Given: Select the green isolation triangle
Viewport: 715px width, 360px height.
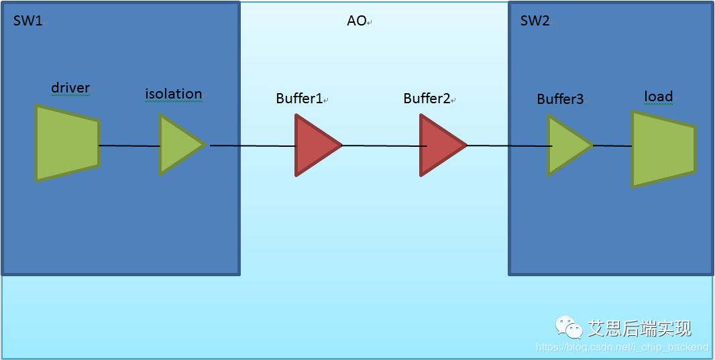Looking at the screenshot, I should tap(178, 144).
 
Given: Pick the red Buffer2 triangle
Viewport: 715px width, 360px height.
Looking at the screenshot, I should tap(440, 145).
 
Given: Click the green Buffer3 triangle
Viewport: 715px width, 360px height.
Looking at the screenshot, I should tap(567, 145).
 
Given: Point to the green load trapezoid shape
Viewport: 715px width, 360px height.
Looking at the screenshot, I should tap(661, 148).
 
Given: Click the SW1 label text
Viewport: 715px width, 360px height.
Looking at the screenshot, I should tap(27, 21).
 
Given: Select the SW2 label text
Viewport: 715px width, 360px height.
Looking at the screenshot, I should tap(535, 21).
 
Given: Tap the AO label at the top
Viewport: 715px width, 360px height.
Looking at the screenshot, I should tap(356, 21).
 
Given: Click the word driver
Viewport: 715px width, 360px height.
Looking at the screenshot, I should tap(70, 88).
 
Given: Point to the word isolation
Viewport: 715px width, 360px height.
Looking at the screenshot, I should tap(173, 94).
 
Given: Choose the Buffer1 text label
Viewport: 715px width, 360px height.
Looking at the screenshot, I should tap(299, 99).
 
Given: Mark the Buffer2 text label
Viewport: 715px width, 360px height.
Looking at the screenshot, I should tap(427, 99).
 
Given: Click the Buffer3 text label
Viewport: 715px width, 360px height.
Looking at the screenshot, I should tap(560, 99).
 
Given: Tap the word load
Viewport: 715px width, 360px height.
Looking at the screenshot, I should tap(658, 97).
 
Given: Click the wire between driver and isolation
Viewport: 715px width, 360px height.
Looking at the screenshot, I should tap(129, 145).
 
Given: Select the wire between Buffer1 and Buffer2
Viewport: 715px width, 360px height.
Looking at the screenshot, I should tap(381, 145).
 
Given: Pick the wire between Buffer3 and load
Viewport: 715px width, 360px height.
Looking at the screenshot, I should tap(612, 145).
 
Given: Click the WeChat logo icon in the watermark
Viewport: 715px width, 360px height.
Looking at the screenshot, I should tap(568, 327).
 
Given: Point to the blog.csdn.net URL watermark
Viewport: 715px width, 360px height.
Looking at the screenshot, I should tap(622, 347).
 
